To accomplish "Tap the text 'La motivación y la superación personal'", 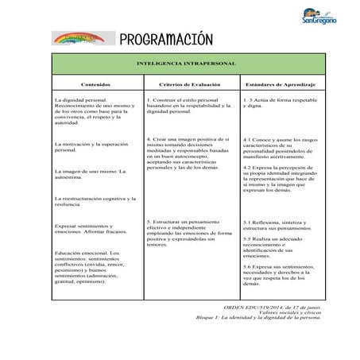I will pos(94,147).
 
